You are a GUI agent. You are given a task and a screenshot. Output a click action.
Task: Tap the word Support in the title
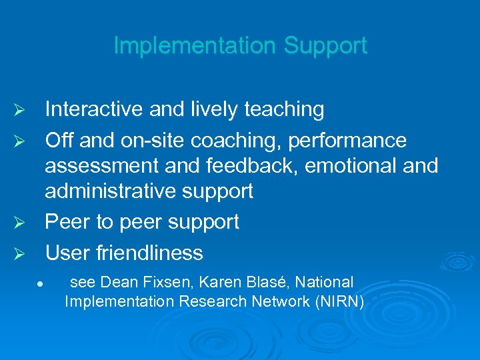tap(325, 46)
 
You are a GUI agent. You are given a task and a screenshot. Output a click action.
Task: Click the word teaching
tap(285, 109)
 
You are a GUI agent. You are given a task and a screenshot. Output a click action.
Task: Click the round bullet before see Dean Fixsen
tap(41, 283)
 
